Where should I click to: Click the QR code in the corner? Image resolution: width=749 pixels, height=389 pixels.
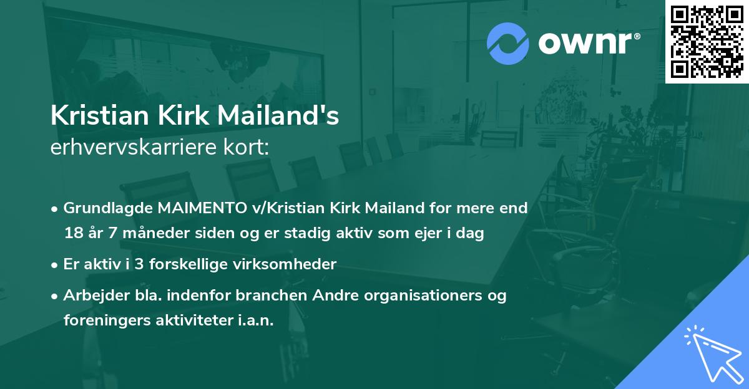coord(707,42)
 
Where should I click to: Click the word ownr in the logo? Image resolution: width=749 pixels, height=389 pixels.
coord(587,43)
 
